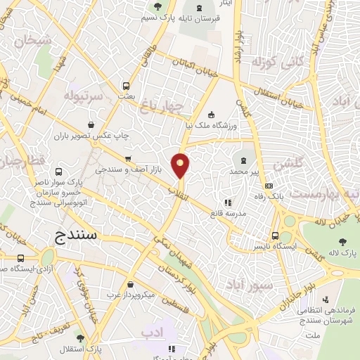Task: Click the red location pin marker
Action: point(181,165)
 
